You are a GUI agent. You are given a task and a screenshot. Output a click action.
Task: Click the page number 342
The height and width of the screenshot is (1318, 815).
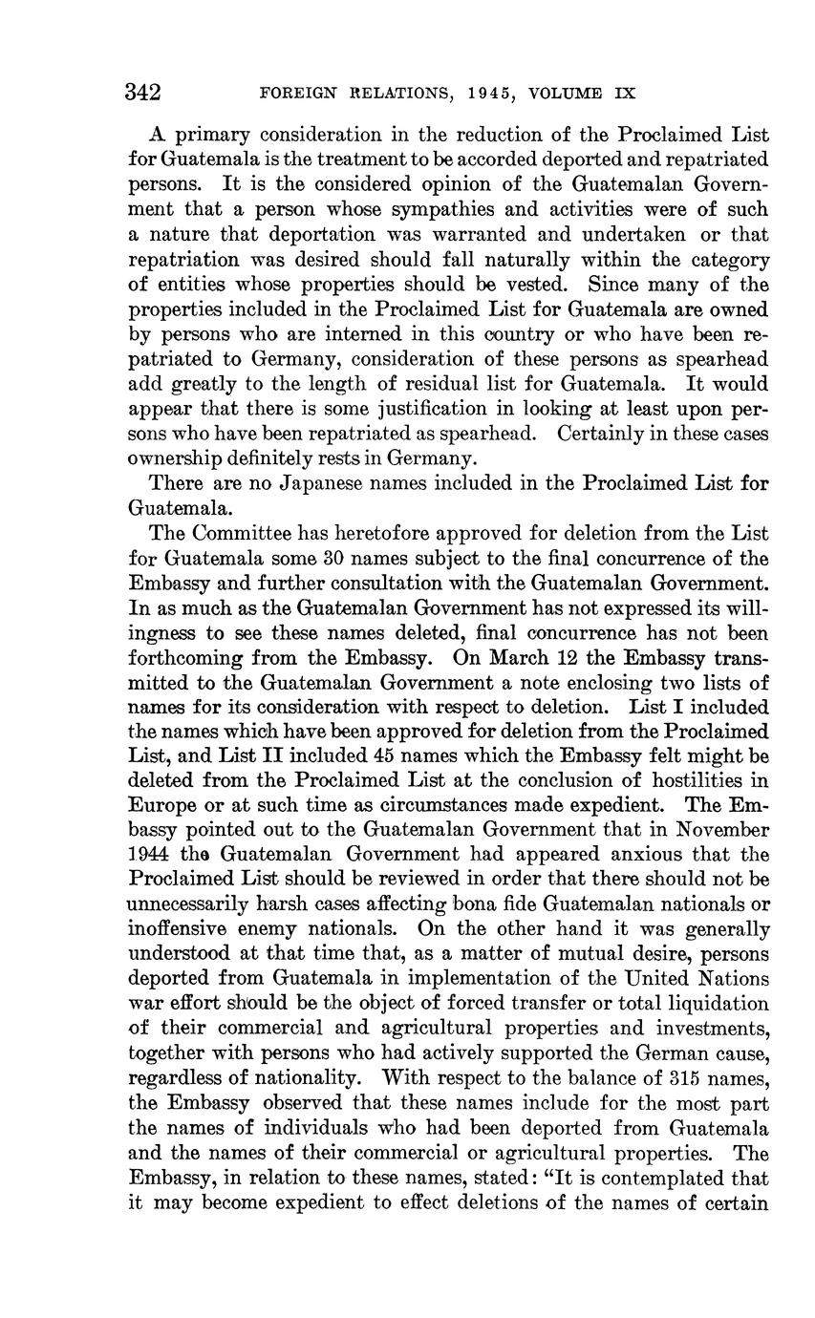142,93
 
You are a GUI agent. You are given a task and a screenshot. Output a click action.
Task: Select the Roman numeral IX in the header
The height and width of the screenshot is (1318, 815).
624,94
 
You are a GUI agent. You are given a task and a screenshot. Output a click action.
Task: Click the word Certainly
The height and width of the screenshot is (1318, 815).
596,434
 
